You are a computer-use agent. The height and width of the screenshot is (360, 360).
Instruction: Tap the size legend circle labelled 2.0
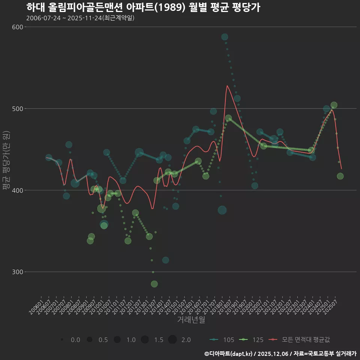click(172, 340)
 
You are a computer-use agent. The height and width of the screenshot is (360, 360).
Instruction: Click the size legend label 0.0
click(75, 340)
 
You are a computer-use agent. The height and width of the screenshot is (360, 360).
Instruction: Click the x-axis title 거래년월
click(191, 320)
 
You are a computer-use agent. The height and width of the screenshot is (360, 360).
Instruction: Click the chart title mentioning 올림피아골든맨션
click(143, 7)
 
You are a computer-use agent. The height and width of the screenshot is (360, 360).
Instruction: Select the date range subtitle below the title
click(80, 18)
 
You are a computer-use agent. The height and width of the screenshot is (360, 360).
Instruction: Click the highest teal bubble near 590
click(225, 37)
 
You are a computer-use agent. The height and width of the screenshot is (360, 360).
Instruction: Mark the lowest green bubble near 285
click(154, 284)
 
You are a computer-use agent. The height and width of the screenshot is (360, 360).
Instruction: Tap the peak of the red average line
click(227, 85)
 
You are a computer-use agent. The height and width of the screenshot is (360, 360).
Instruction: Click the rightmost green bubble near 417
click(340, 176)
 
